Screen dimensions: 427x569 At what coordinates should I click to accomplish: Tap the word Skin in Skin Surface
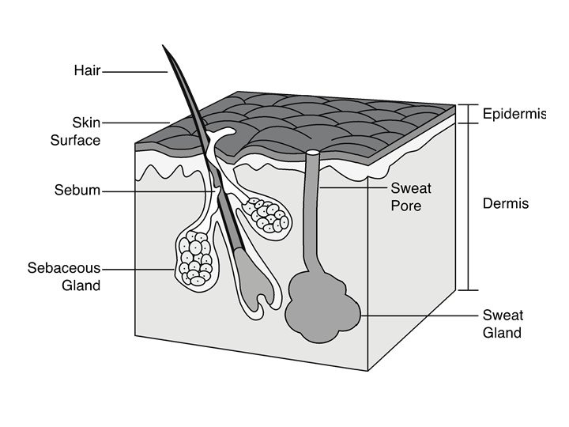point(86,123)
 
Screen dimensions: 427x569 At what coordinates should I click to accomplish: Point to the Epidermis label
point(514,114)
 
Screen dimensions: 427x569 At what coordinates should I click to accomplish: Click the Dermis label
point(505,204)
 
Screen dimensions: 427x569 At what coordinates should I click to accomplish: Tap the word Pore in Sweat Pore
point(406,206)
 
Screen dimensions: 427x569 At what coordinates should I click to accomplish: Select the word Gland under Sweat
point(502,333)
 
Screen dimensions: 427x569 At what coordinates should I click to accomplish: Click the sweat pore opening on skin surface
point(314,152)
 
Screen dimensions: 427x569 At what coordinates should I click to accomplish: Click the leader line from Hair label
point(134,72)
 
